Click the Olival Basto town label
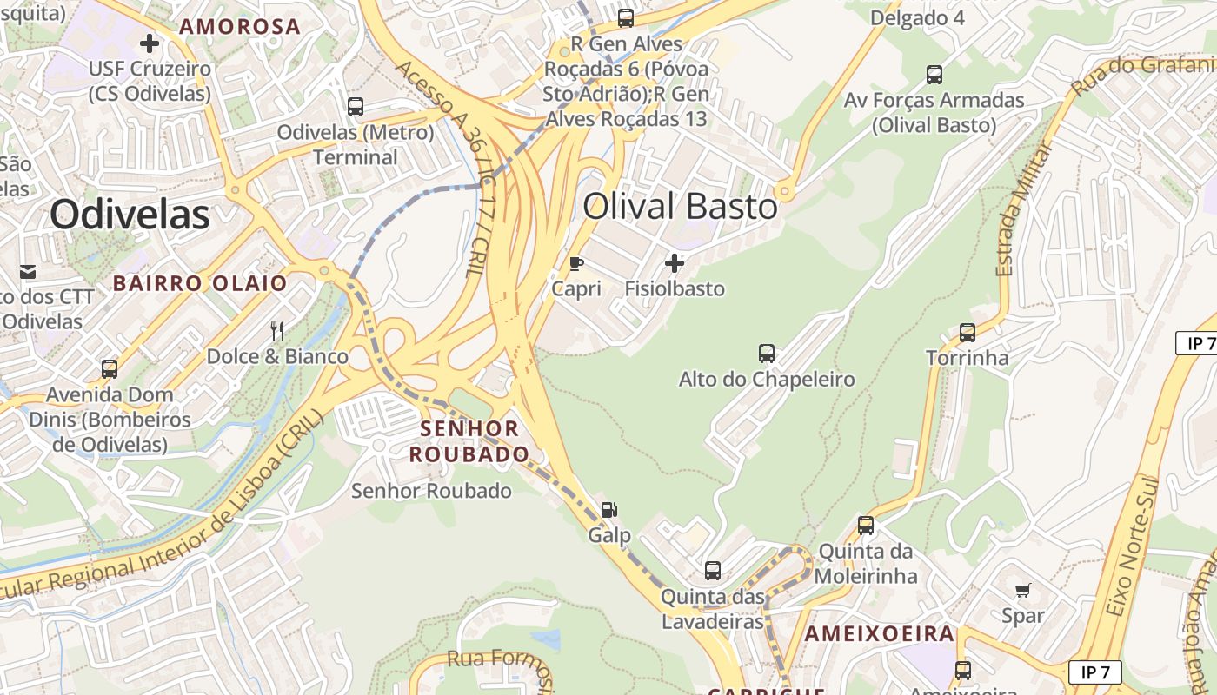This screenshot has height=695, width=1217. coord(680,207)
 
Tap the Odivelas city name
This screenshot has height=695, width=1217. coord(130,214)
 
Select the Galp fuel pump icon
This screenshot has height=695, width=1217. coord(609,510)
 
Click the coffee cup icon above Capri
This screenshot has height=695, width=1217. coord(575,263)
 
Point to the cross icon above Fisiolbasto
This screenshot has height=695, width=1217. coord(674,262)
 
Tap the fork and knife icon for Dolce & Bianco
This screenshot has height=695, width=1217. coord(277,330)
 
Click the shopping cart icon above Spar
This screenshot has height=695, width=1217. coord(1022,591)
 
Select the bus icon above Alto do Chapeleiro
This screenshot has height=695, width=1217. coord(766,354)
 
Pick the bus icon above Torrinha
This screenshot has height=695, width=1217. coord(967,332)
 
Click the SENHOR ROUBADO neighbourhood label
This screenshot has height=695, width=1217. coord(469,441)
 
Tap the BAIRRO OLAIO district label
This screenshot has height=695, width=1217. coord(200,283)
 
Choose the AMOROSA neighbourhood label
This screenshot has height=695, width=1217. coord(240,27)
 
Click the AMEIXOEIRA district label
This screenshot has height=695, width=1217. coord(879,634)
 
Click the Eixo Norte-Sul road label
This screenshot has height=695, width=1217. coord(1133,547)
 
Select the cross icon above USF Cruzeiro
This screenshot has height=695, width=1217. coord(150,43)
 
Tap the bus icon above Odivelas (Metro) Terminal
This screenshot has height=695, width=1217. coord(355,107)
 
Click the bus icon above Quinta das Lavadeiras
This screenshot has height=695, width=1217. coord(712,571)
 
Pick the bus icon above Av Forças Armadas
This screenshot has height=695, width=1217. coord(934,75)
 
